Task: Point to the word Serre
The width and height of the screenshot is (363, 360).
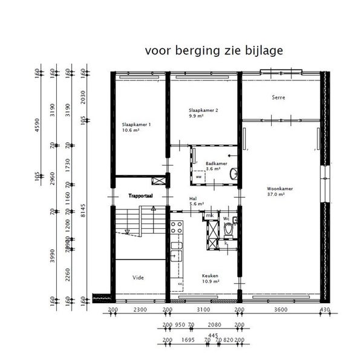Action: (x=278, y=97)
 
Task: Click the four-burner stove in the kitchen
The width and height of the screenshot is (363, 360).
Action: (x=177, y=228)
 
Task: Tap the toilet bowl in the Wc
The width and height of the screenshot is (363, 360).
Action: (x=229, y=231)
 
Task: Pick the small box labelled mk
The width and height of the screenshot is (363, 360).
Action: (x=210, y=215)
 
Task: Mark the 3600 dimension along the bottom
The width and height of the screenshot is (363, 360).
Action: (x=280, y=310)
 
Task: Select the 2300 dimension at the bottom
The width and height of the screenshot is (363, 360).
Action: (x=140, y=310)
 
